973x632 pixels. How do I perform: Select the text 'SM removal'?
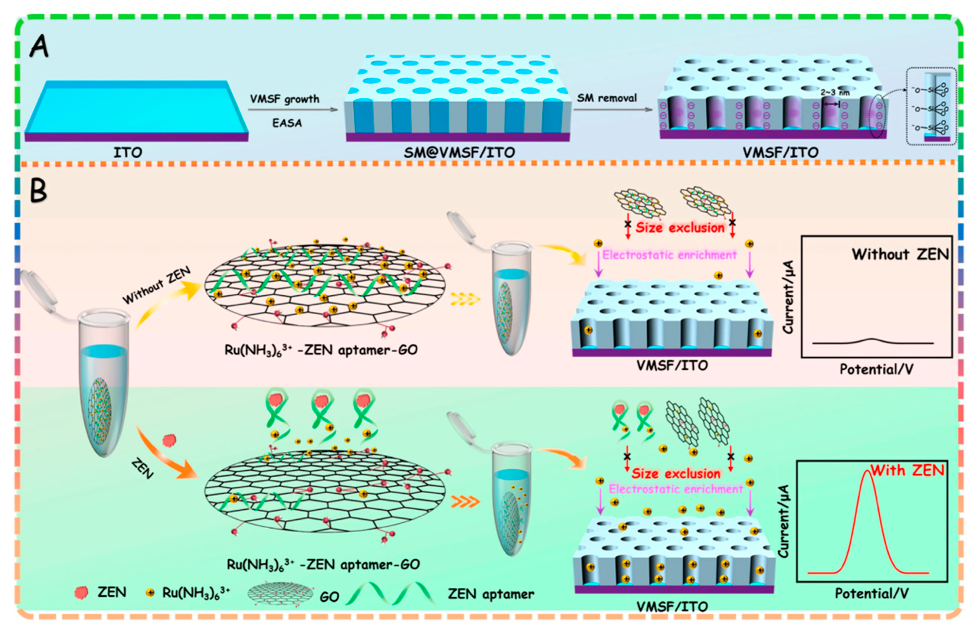click(607, 98)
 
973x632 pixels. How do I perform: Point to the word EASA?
click(287, 123)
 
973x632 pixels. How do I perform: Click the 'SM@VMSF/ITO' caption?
click(459, 152)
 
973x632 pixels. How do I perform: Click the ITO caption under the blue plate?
click(128, 152)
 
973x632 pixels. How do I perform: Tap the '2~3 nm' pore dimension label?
click(835, 93)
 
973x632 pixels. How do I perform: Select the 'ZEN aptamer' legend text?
click(491, 594)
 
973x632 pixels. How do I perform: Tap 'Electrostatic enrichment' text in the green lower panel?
click(675, 489)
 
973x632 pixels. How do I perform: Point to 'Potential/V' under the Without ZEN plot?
click(876, 370)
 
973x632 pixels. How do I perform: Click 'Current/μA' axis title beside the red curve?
click(783, 521)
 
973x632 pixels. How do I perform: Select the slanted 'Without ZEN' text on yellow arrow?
click(157, 285)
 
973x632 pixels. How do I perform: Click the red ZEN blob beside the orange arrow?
click(169, 440)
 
